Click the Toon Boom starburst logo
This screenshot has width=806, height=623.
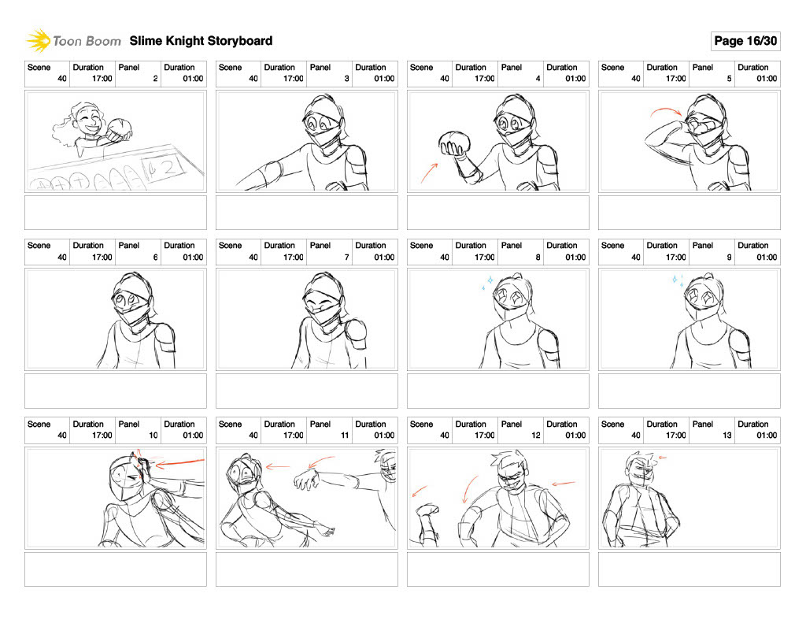[x=39, y=41]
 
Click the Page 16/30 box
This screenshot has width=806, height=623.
[x=745, y=41]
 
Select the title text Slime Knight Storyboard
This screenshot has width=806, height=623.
[x=201, y=41]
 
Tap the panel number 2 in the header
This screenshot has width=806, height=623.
[x=155, y=79]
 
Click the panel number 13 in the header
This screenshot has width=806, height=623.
[x=727, y=436]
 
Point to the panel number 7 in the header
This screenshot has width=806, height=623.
[x=346, y=258]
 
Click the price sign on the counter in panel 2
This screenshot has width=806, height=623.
[x=165, y=167]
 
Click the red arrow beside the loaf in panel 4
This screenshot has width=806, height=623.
[x=429, y=172]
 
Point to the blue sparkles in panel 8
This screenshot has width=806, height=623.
[x=488, y=283]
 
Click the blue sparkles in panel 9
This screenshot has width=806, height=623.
[x=678, y=281]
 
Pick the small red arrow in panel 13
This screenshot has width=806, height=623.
[x=663, y=457]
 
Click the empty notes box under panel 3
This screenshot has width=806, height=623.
[x=307, y=213]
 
